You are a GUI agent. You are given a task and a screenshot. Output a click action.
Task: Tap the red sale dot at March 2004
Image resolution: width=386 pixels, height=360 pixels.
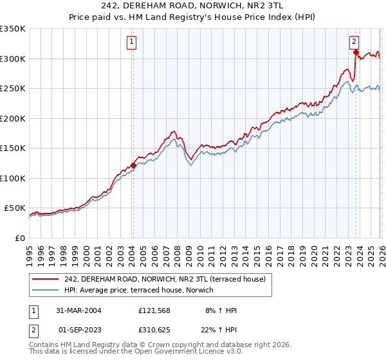click(x=133, y=165)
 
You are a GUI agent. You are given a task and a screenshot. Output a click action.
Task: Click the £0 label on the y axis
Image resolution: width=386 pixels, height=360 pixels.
click(x=19, y=238)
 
